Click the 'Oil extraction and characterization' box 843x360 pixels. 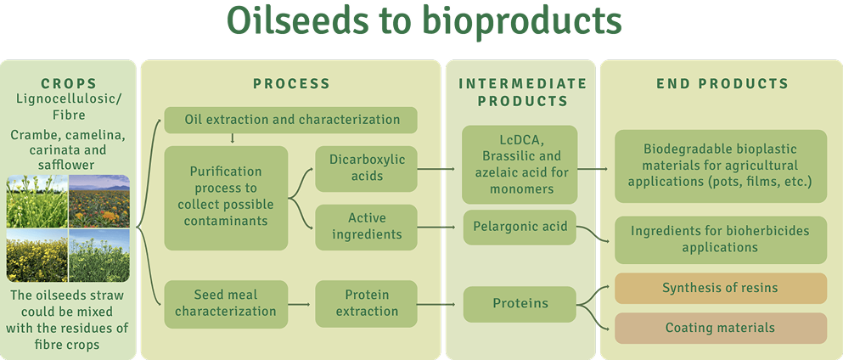point(290,120)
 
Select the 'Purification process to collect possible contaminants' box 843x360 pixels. point(226,198)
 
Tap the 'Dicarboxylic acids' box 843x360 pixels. point(366,169)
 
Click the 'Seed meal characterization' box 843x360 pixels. point(226,304)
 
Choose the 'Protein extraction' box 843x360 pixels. point(366,304)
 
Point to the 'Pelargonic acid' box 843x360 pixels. point(520,227)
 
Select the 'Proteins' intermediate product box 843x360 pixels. point(520,304)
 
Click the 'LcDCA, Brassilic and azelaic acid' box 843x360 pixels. point(520,165)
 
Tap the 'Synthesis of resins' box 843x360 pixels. point(721,288)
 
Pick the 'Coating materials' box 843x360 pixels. point(721,328)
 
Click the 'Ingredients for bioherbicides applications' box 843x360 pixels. point(721,239)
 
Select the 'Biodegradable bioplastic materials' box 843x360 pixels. point(721,166)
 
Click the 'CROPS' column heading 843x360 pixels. point(68,84)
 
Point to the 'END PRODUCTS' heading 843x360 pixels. point(722,84)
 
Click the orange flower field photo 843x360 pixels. point(99,201)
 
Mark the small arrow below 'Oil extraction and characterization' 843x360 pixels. point(233,138)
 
